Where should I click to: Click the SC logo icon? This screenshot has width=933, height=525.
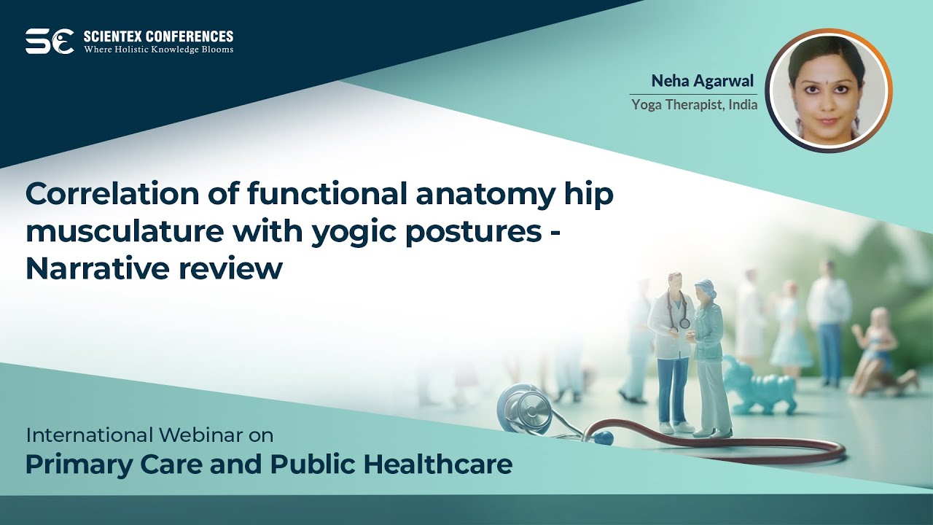(50, 42)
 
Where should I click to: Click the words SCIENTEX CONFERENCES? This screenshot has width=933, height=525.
(158, 36)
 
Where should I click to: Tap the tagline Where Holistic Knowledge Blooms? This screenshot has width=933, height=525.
(158, 50)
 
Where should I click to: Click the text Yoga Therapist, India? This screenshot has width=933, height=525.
(694, 104)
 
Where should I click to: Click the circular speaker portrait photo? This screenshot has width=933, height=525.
(828, 91)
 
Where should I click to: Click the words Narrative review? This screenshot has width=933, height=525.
(153, 269)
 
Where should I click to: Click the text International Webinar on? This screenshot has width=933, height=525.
(149, 436)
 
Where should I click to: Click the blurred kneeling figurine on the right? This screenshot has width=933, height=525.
(881, 354)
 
